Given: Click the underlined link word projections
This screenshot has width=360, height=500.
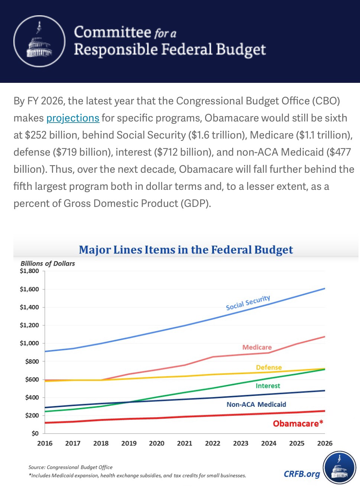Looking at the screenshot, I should coord(72,118).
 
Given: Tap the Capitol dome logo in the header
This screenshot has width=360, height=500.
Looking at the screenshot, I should coord(39,41).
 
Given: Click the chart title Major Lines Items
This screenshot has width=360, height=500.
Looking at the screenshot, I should coord(186,250).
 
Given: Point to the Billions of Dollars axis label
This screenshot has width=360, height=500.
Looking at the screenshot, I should coord(48,263).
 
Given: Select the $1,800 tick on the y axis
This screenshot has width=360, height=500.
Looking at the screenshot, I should coord(29,271).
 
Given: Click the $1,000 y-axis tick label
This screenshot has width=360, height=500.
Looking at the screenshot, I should coord(29,343).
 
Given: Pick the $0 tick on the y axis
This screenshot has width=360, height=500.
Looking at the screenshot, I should coord(35,433).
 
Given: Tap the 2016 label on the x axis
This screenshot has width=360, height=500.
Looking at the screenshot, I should coord(45,443).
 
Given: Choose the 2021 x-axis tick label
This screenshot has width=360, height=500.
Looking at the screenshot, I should coord(185,443).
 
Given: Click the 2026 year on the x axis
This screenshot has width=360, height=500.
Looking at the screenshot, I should coord(324,443).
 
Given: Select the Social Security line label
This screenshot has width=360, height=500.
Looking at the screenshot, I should coord(248,303).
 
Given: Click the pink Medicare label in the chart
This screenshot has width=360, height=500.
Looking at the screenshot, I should coord(257,347).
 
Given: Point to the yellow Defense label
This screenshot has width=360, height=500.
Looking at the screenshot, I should coord(269,367).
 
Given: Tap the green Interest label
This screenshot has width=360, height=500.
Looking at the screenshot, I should coord(267,386).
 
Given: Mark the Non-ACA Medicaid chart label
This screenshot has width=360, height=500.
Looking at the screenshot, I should coord(256,405).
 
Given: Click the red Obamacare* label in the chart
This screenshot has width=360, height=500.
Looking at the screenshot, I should coord(298,423).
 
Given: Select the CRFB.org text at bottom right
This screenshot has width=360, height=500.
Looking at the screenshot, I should coord(302,474).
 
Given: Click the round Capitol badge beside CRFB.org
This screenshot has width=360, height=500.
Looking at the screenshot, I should coord(339,468).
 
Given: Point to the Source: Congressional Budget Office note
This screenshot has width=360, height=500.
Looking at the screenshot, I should coord(70,467).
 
